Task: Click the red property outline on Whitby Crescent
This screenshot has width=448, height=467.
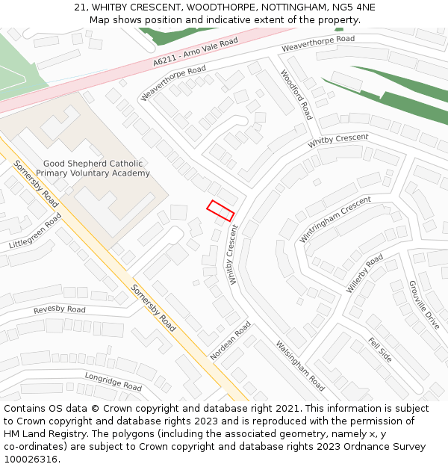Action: pyautogui.click(x=220, y=211)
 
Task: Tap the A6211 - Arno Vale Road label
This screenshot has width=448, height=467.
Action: pyautogui.click(x=195, y=53)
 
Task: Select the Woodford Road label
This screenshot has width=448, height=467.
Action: pyautogui.click(x=296, y=95)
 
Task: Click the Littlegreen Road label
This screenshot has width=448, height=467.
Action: pyautogui.click(x=35, y=232)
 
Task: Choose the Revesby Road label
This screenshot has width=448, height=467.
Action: pyautogui.click(x=59, y=309)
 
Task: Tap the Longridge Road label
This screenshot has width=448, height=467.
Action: pyautogui.click(x=113, y=382)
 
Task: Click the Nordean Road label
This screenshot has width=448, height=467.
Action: pyautogui.click(x=231, y=341)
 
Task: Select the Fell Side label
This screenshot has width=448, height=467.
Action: pyautogui.click(x=380, y=349)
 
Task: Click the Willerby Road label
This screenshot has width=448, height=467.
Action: pyautogui.click(x=364, y=273)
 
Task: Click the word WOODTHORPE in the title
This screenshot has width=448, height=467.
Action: pyautogui.click(x=216, y=7)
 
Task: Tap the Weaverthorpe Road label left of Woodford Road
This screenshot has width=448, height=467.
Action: pyautogui.click(x=172, y=83)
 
